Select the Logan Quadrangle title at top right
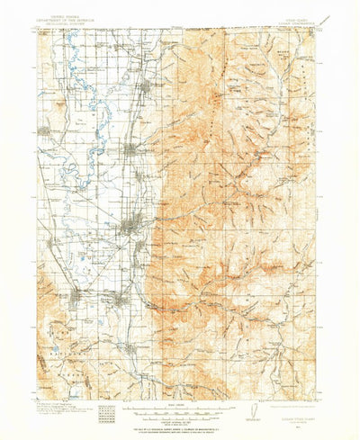pos(293,22)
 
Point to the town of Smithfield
pos(132,148)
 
